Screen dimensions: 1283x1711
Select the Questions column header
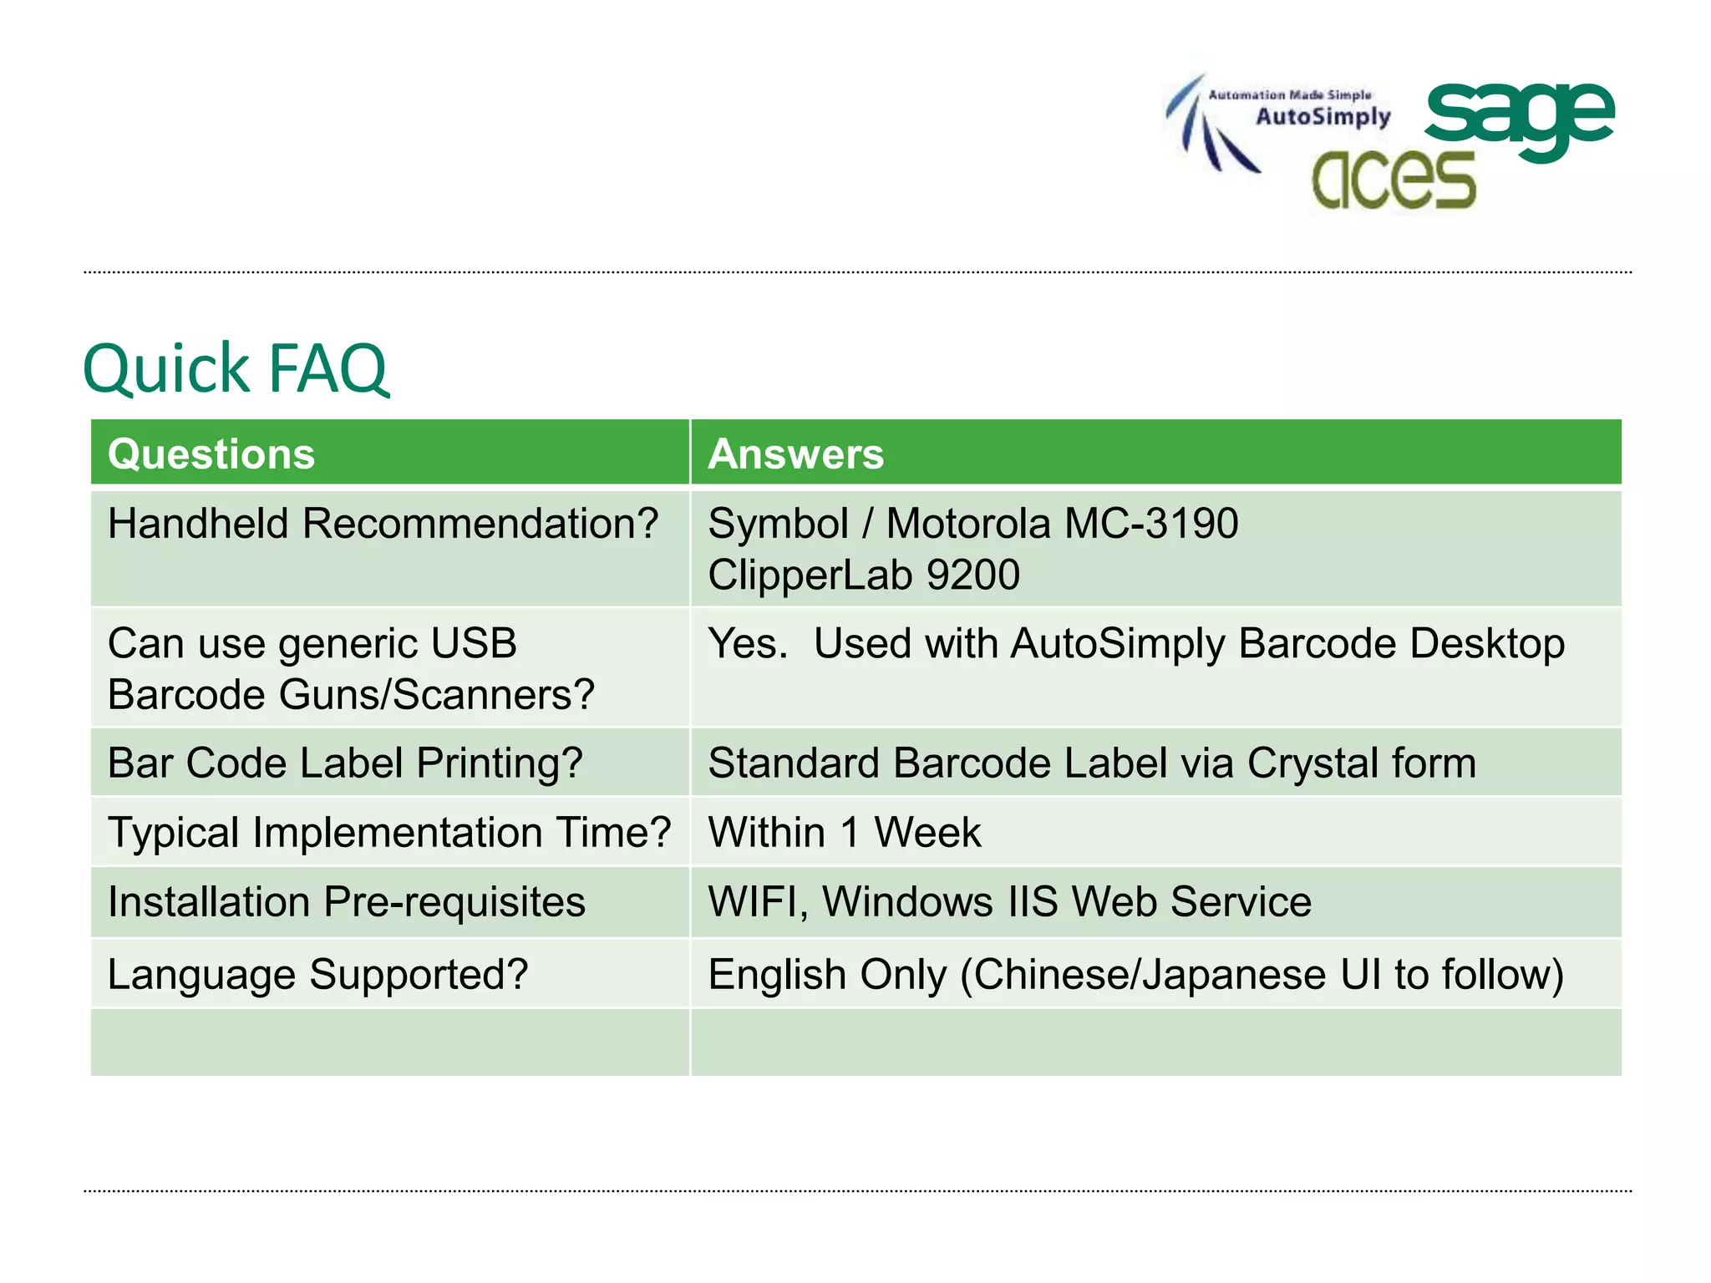click(211, 454)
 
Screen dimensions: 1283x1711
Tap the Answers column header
click(795, 454)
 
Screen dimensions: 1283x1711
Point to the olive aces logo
click(1393, 180)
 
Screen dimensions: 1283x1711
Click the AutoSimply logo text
click(1323, 116)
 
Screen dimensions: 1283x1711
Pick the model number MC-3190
click(1151, 524)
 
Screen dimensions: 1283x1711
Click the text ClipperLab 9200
click(864, 575)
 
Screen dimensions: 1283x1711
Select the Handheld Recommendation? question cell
click(383, 524)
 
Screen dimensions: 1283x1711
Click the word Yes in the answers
click(746, 643)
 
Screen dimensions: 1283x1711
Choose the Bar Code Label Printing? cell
click(345, 763)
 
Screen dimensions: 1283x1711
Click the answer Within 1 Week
click(844, 833)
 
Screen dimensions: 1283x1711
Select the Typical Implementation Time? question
click(389, 833)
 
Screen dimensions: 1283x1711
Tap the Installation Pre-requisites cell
click(347, 902)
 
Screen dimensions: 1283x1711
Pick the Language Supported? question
click(317, 974)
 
